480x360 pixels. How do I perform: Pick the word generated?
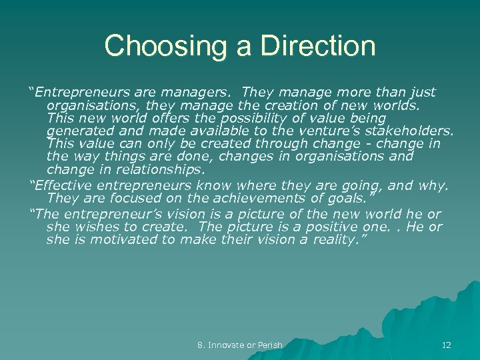pyautogui.click(x=79, y=131)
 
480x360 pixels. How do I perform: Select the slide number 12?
pyautogui.click(x=446, y=345)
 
